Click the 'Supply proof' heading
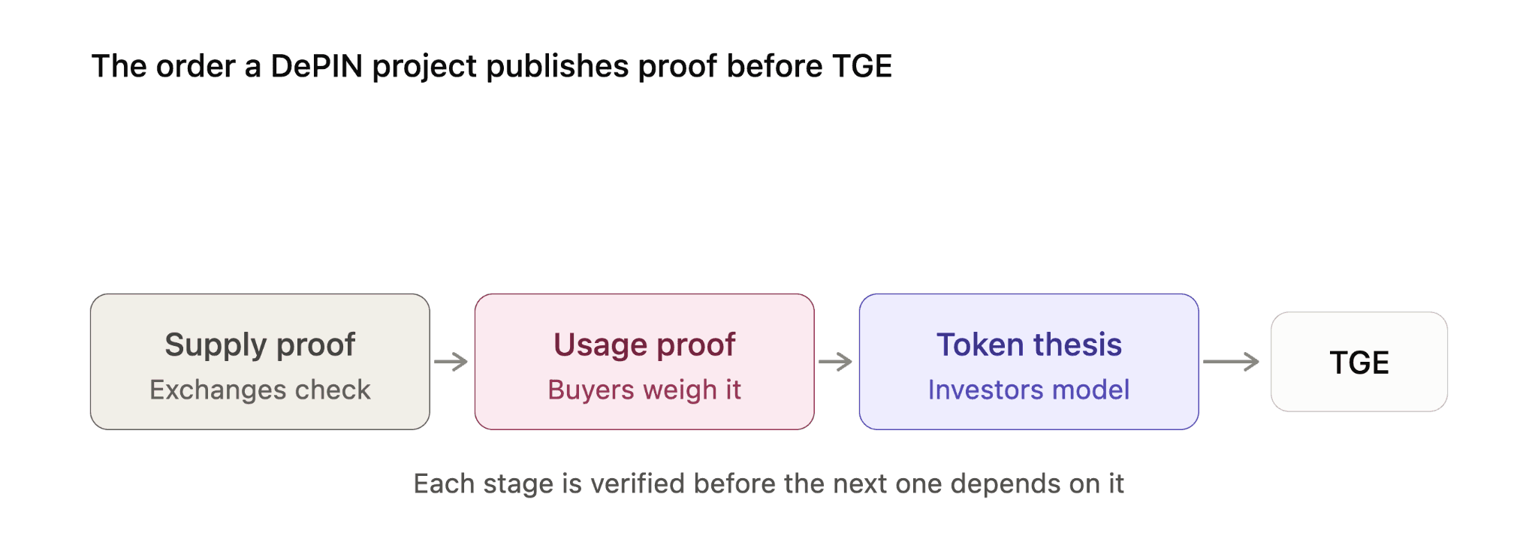(260, 345)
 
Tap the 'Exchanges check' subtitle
(260, 390)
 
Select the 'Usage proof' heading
(644, 345)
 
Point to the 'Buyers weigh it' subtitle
(644, 390)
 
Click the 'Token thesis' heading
(1029, 345)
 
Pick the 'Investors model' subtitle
(1029, 390)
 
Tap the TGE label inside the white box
(1359, 363)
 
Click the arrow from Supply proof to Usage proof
(451, 362)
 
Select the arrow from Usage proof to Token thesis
(836, 362)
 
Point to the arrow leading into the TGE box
(1232, 362)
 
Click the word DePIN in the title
(317, 66)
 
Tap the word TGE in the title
(862, 66)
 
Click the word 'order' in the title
(195, 66)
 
